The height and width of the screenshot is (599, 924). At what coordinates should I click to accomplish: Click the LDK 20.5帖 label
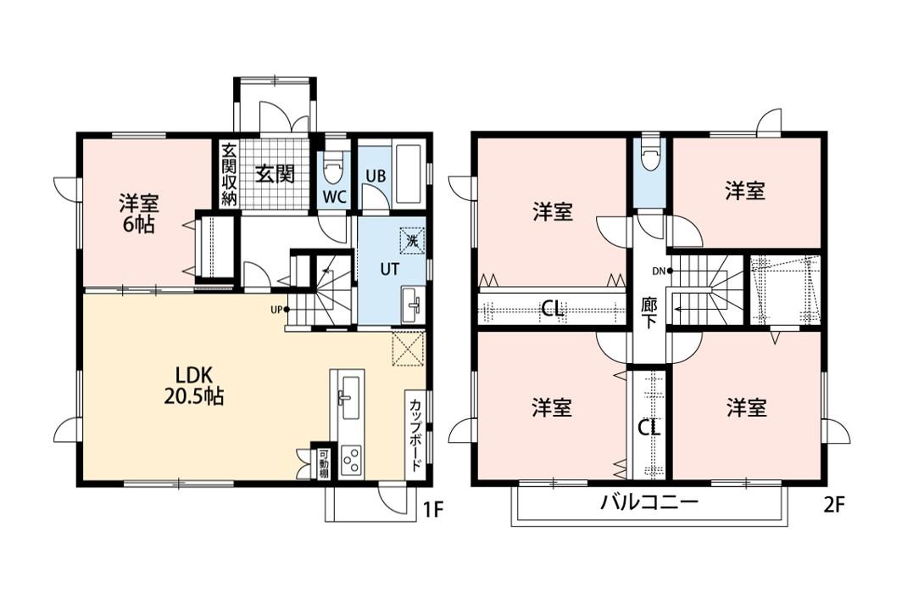[x=193, y=385]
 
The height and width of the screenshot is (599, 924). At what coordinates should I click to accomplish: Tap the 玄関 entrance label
[x=275, y=174]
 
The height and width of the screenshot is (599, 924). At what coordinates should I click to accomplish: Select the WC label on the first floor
[x=333, y=197]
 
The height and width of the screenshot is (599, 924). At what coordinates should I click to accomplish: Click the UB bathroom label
[x=376, y=176]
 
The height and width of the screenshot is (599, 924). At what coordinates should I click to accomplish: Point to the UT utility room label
[x=389, y=270]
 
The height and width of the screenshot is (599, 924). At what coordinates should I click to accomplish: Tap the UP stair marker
[x=280, y=309]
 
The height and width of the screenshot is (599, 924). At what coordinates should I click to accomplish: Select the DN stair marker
[x=662, y=272]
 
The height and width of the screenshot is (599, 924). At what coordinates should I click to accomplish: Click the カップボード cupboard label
[x=415, y=435]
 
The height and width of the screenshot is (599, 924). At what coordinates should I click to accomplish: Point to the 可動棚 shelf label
[x=324, y=464]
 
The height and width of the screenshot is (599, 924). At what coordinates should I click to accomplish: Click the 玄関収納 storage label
[x=229, y=174]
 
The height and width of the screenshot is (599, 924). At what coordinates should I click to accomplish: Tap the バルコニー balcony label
[x=649, y=503]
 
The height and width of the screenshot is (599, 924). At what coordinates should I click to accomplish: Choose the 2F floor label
[x=834, y=506]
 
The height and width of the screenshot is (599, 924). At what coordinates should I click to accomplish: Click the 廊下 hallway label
[x=648, y=313]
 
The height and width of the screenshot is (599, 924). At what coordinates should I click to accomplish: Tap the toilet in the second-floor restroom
[x=650, y=155]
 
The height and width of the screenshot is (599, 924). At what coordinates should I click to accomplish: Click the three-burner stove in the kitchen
[x=351, y=459]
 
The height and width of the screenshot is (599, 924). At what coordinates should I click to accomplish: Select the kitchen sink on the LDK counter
[x=350, y=397]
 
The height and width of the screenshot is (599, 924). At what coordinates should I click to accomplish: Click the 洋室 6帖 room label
[x=138, y=214]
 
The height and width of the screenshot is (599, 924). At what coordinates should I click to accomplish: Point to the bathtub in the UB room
[x=408, y=172]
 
